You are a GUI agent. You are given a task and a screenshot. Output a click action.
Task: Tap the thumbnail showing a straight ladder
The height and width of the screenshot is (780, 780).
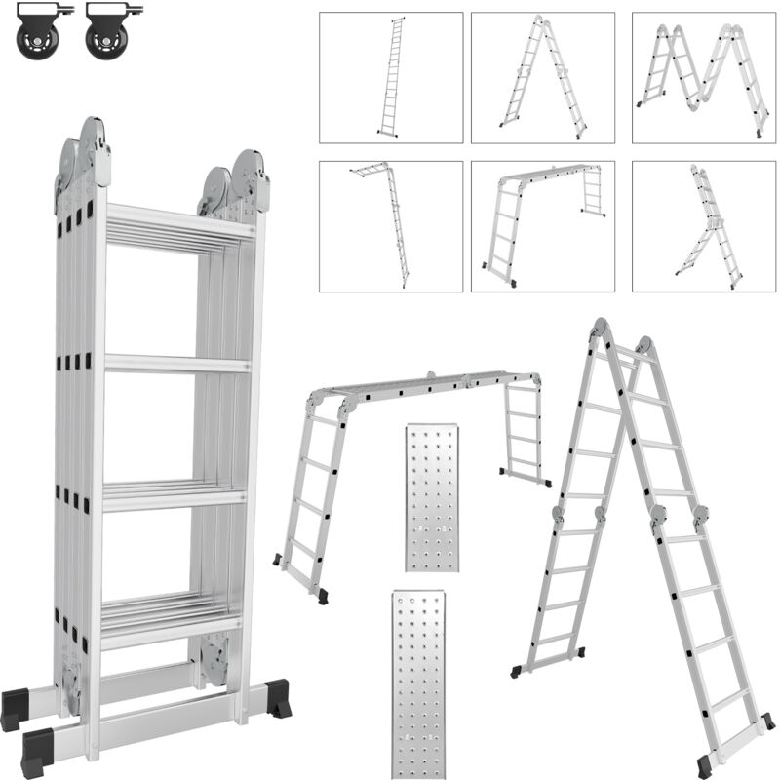[x=391, y=77]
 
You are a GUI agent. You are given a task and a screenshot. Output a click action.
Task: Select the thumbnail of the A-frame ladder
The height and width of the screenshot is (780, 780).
[x=542, y=77]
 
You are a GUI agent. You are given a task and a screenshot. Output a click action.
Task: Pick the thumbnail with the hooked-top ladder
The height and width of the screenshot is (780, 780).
[x=391, y=225]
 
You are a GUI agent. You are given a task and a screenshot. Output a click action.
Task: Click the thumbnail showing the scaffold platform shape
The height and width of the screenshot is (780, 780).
[x=542, y=225]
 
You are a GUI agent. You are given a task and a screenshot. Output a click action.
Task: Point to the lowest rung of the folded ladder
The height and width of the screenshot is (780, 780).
[x=172, y=629]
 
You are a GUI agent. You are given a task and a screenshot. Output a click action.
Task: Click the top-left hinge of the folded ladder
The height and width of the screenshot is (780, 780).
[x=95, y=146]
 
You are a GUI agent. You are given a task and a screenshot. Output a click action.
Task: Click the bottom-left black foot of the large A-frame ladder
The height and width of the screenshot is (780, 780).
[x=517, y=671]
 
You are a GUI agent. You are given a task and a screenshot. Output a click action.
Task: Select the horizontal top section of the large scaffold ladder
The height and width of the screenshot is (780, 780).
[x=429, y=385]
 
